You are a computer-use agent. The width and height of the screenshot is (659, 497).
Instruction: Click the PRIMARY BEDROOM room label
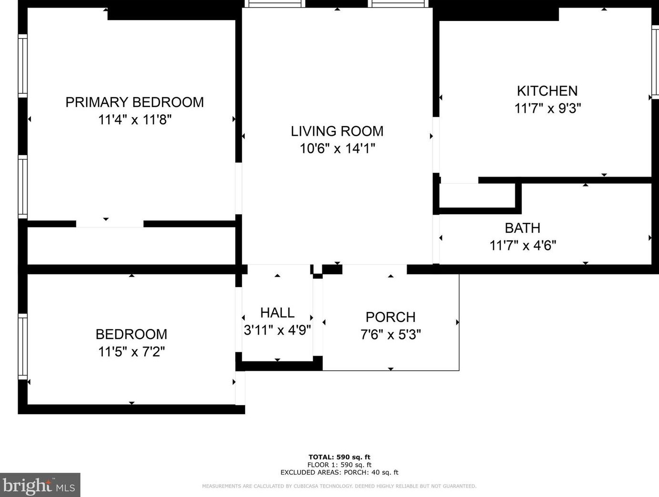click(134, 102)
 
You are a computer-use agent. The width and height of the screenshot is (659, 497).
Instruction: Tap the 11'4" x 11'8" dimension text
click(135, 120)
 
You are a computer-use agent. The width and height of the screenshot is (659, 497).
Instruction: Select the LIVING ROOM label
click(337, 131)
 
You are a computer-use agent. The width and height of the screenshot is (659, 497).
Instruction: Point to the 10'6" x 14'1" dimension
click(338, 149)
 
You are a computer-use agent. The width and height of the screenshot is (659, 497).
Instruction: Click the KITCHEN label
click(547, 91)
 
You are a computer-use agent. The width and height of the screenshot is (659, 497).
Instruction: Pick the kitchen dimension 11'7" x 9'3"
click(548, 109)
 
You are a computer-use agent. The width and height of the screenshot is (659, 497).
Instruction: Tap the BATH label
click(522, 228)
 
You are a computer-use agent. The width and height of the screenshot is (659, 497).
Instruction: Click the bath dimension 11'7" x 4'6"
click(523, 246)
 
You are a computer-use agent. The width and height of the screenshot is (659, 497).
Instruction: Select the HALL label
click(277, 313)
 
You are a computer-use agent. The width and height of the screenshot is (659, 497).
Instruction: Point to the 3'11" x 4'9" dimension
click(277, 330)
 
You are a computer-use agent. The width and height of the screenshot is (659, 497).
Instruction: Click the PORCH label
click(390, 317)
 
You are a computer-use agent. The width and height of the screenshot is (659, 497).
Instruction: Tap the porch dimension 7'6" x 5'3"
click(390, 334)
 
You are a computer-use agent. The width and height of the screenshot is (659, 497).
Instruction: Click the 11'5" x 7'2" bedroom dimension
click(131, 352)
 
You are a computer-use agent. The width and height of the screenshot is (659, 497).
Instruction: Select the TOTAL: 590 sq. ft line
click(339, 457)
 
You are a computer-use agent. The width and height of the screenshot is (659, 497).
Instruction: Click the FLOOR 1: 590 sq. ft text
click(339, 465)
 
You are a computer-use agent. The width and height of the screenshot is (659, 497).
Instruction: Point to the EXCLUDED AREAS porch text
click(339, 472)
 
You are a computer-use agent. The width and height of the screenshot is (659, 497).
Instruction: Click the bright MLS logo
click(40, 485)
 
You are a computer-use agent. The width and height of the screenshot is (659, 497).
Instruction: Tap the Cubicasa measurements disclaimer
click(339, 486)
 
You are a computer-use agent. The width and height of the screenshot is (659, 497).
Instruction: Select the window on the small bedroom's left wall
click(23, 347)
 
